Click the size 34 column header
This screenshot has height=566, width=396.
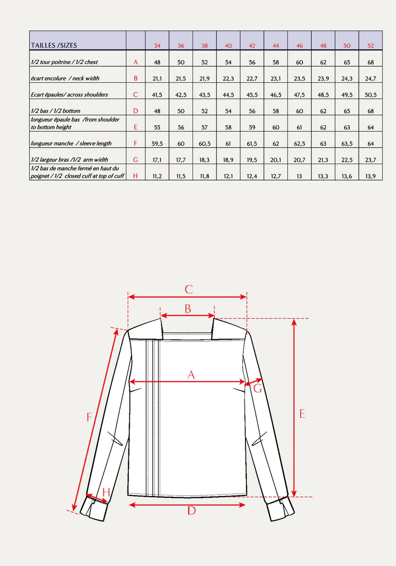click(157, 46)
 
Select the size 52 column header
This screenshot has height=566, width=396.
click(371, 46)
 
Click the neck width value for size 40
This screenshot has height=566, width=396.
click(228, 78)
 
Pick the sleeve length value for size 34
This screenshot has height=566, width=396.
click(157, 143)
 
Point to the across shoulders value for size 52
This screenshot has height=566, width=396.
click(371, 95)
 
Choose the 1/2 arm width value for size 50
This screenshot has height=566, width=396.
click(347, 160)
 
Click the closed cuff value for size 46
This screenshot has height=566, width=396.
click(300, 176)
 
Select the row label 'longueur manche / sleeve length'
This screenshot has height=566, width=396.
click(71, 143)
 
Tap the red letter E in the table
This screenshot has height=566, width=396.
click(136, 127)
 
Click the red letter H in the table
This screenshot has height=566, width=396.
click(136, 176)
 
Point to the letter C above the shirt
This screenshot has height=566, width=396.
click(188, 289)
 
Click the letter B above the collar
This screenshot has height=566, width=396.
click(188, 309)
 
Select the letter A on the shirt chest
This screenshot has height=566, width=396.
click(191, 375)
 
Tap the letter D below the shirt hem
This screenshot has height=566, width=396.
click(191, 511)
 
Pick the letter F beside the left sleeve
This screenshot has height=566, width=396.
click(89, 417)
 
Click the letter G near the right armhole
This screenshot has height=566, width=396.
click(258, 388)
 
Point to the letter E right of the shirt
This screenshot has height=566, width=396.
click(302, 413)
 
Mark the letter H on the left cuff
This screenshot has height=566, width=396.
click(106, 492)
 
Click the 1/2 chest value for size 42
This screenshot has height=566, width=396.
click(252, 62)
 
